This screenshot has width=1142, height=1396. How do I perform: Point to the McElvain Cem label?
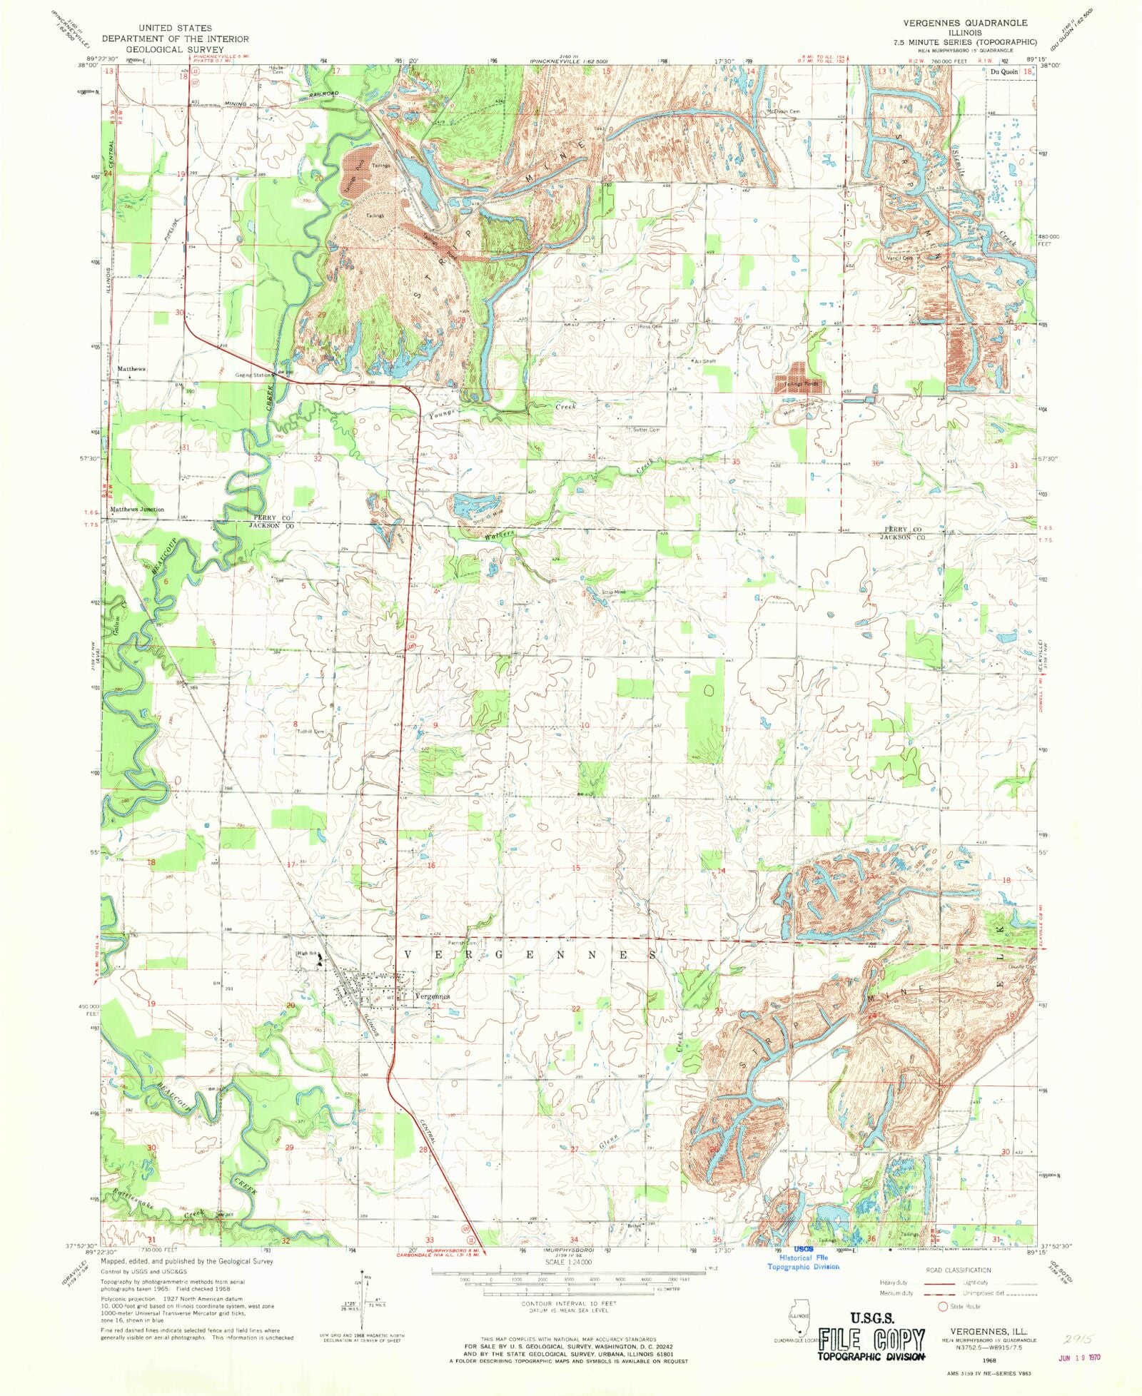coord(783,111)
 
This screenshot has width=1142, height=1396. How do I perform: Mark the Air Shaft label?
coord(704,361)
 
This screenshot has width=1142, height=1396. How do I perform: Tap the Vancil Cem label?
coord(899,258)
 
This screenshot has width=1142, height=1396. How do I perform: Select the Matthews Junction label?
coord(137,510)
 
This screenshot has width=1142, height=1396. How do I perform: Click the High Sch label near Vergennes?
coord(307,953)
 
